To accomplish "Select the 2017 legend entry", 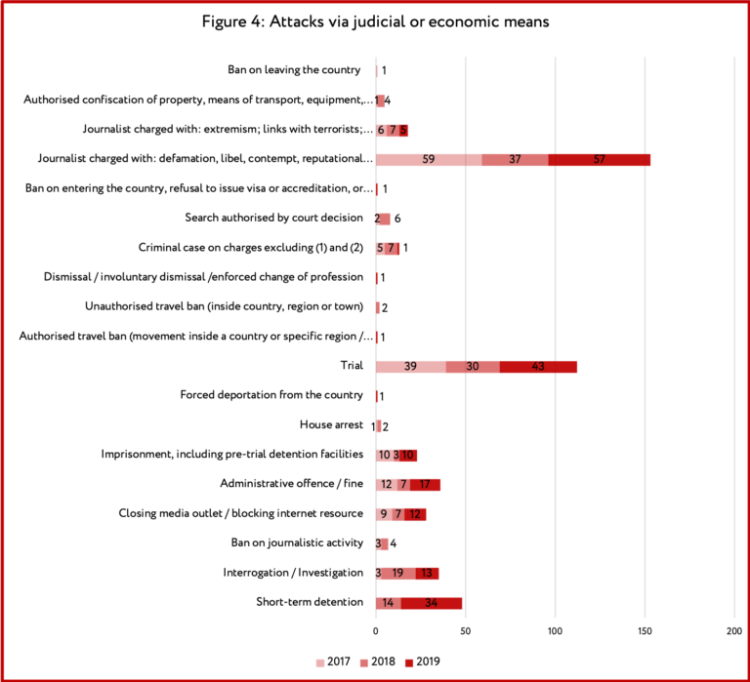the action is point(333,662).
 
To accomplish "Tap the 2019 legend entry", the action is point(422,662).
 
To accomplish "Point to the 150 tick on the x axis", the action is point(645,631).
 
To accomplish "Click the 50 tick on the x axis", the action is point(466,631).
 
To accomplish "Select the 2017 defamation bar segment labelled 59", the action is point(429,160).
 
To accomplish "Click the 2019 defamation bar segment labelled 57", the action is point(600,160).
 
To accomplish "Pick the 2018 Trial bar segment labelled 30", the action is point(473,367).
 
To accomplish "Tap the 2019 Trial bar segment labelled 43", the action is point(538,367).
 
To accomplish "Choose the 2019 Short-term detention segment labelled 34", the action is point(432,603).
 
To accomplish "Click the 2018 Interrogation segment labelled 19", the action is point(398,574).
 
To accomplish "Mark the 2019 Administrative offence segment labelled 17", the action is point(425,485).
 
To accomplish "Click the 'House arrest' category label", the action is point(331,424).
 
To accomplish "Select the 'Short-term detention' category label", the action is point(310,602).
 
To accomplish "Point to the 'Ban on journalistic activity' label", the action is point(297,542).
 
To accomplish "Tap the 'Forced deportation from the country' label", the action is point(271,395).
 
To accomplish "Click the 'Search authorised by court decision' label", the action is point(274,218).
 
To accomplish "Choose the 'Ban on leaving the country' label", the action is point(294,70).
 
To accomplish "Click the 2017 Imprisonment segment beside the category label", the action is point(385,456).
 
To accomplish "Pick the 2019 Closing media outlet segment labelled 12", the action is point(415,515).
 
